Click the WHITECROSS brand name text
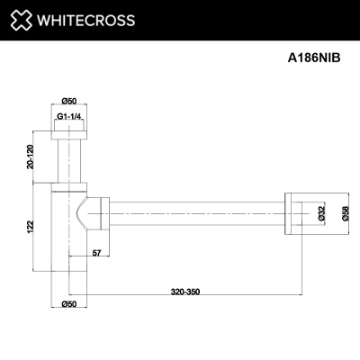click(x=85, y=21)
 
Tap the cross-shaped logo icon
click(x=21, y=20)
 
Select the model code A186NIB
click(x=314, y=58)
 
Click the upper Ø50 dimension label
click(x=69, y=101)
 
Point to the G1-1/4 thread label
click(x=69, y=117)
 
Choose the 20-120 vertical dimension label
click(x=31, y=157)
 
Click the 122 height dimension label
click(x=31, y=227)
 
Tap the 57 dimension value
click(x=96, y=253)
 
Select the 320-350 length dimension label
click(x=185, y=292)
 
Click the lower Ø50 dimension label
click(x=69, y=304)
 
